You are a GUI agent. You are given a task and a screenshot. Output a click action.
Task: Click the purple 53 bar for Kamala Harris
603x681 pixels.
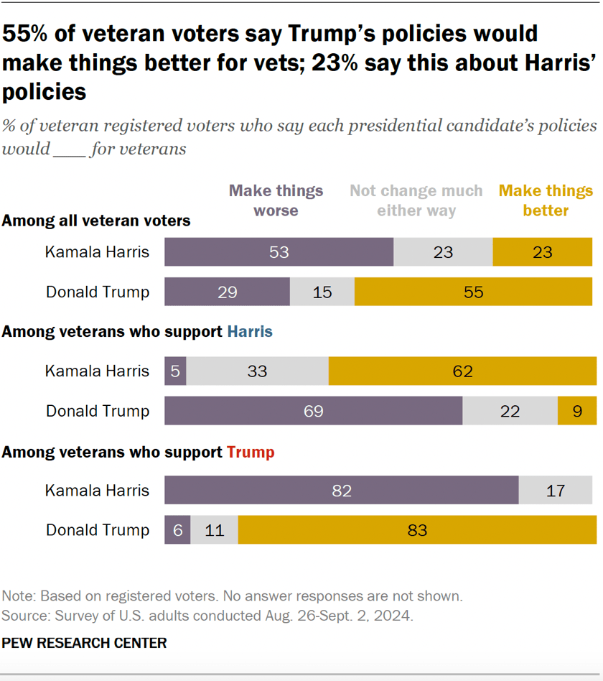[279, 252]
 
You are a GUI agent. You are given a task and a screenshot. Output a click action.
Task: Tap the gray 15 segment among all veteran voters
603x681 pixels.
[322, 292]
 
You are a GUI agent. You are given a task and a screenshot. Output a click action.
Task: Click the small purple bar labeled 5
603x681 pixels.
[175, 371]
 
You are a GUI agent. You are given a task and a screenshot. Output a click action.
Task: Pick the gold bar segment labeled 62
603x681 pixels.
[462, 371]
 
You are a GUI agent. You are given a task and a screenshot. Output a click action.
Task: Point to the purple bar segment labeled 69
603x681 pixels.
[313, 411]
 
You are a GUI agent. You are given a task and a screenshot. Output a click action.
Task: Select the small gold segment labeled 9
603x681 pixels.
[576, 411]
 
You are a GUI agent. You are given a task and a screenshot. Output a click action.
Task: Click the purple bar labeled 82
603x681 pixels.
[341, 491]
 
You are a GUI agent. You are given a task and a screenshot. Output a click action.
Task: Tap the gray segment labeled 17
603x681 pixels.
[555, 491]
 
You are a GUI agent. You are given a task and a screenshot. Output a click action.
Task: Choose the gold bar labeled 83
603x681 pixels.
[416, 530]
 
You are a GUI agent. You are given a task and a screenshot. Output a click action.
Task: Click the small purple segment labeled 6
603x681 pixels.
[177, 530]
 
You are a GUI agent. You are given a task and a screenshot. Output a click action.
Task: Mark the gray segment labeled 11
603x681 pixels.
[214, 530]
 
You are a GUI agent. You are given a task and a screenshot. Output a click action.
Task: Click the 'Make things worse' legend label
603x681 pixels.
[276, 200]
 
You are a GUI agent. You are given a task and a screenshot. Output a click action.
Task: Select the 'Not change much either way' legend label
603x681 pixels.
[416, 200]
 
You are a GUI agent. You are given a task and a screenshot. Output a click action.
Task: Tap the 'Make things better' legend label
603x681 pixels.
[546, 200]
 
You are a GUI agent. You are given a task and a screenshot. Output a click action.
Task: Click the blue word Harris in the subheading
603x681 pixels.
[250, 332]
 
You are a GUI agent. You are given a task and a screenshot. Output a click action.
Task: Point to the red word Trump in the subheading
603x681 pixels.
[251, 453]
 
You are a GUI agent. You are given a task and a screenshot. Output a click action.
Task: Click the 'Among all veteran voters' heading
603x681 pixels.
[96, 221]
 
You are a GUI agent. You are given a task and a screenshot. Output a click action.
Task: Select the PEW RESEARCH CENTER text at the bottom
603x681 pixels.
[84, 643]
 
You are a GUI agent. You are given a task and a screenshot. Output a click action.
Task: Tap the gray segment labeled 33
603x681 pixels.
[257, 371]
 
